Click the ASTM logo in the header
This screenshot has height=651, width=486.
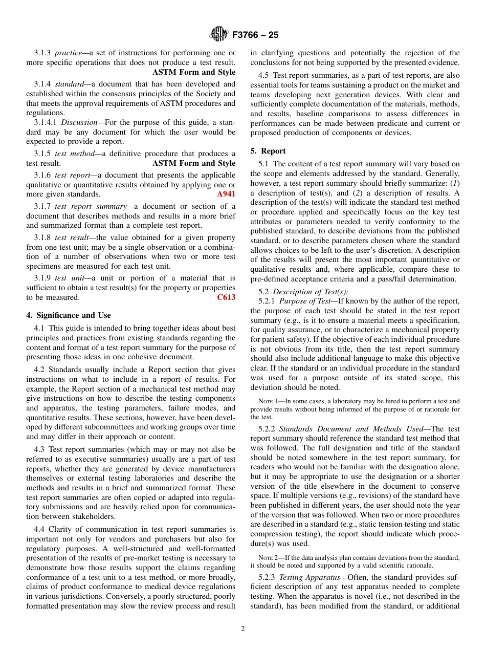[218, 35]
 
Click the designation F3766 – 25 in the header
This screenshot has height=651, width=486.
[255, 35]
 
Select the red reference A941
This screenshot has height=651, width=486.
[226, 194]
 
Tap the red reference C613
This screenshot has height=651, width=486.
[226, 297]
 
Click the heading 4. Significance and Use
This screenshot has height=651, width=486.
[69, 315]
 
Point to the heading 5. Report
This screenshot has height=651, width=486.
[268, 151]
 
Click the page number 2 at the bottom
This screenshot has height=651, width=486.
[243, 629]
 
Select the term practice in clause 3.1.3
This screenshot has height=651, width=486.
[68, 53]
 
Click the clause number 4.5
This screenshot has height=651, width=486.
[264, 75]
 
